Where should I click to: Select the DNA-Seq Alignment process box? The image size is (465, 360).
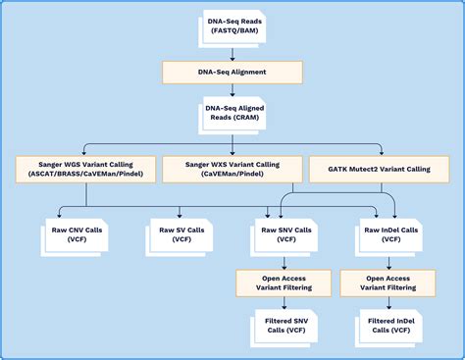pyautogui.click(x=232, y=72)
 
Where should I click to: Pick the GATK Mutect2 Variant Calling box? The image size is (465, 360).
pyautogui.click(x=370, y=168)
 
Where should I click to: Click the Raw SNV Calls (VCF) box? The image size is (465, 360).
pyautogui.click(x=284, y=232)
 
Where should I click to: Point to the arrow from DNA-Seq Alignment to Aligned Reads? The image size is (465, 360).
pyautogui.click(x=232, y=90)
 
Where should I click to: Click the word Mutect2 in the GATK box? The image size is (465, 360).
pyautogui.click(x=359, y=168)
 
